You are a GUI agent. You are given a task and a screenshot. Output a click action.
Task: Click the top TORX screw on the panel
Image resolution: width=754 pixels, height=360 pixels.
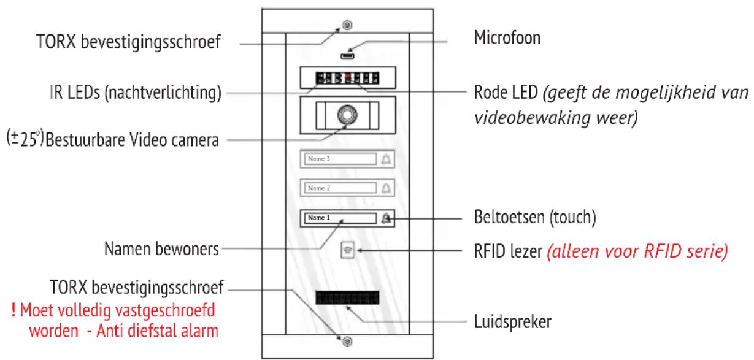point(347,25)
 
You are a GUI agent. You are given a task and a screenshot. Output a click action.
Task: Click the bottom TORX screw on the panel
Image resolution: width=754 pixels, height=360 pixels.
point(347,340)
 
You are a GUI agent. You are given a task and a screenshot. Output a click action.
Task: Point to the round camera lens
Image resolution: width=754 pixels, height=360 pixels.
point(347,115)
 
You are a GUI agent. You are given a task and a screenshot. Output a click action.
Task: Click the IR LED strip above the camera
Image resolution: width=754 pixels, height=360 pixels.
point(347,78)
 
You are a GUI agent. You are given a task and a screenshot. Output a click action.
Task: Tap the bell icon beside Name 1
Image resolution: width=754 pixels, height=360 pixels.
point(387,218)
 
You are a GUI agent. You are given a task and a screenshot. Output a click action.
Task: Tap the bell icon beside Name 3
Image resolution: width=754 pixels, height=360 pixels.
point(387,159)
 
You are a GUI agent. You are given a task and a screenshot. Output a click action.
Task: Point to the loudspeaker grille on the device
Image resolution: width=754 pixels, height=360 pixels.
point(347,299)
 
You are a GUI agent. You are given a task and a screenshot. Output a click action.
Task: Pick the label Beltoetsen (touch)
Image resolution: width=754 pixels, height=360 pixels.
point(533,218)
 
